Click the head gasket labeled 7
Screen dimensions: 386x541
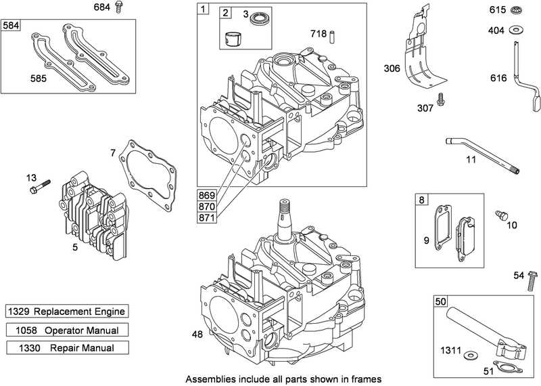pyautogui.click(x=149, y=169)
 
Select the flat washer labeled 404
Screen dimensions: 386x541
pyautogui.click(x=515, y=29)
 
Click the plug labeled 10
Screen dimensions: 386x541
pyautogui.click(x=501, y=214)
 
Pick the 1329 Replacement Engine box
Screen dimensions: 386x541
pyautogui.click(x=67, y=312)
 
